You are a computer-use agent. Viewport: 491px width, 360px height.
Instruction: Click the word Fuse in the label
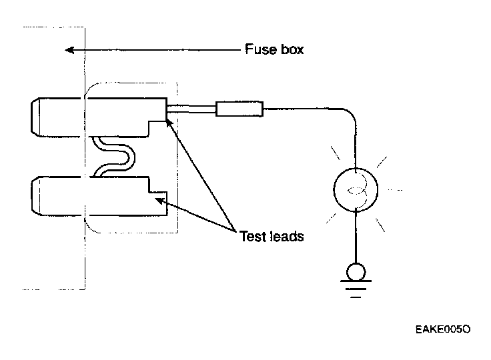point(258,50)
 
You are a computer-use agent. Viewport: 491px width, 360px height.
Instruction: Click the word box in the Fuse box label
point(290,50)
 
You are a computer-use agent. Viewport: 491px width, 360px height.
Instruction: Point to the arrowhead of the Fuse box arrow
point(66,50)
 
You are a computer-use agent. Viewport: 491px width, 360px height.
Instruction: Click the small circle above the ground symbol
point(356,271)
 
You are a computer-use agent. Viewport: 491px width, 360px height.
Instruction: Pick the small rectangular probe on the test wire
point(240,108)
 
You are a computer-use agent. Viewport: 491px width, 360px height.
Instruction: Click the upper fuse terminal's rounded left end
point(37,115)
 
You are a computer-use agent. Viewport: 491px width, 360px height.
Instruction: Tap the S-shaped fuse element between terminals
point(115,156)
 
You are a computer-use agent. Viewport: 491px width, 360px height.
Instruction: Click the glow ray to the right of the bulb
point(395,190)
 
